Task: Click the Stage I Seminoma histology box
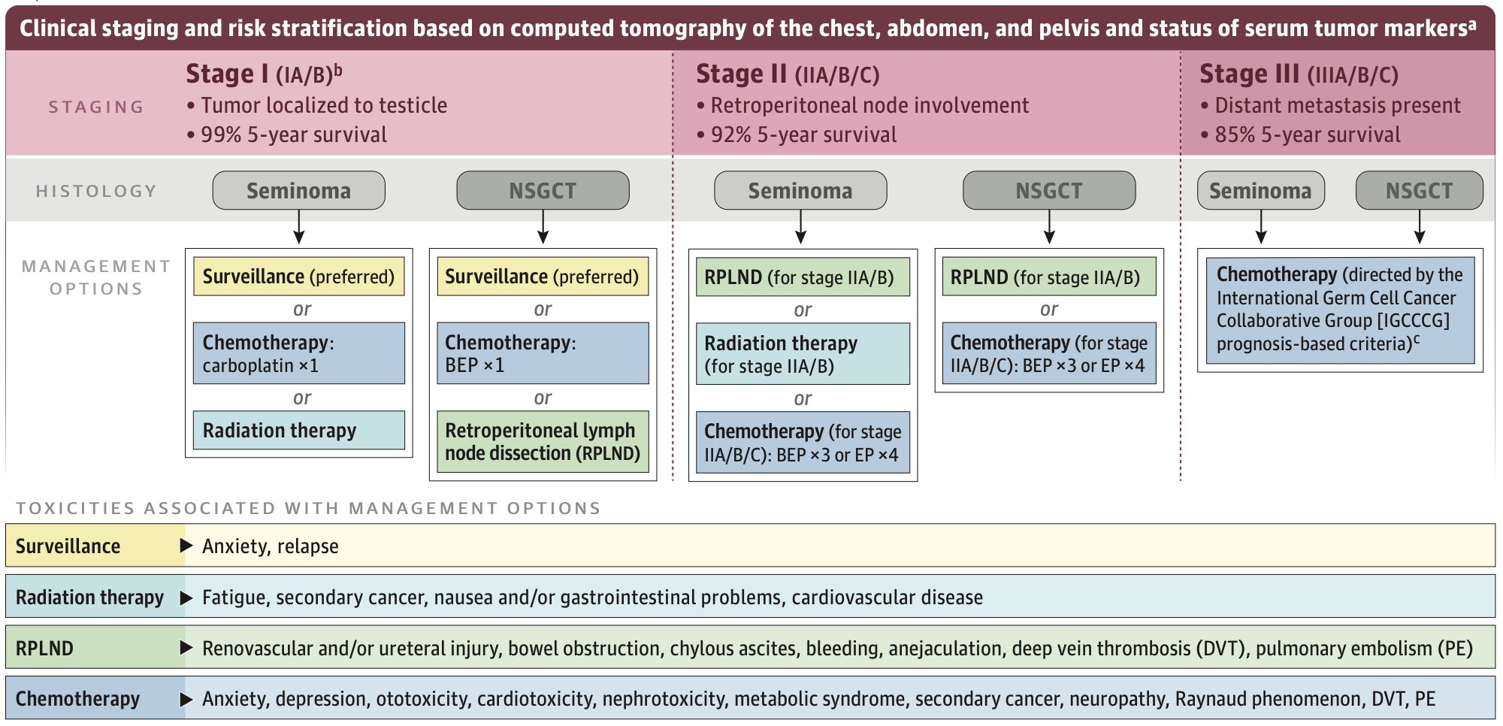pyautogui.click(x=299, y=190)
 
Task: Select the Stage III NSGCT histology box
pyautogui.click(x=1420, y=190)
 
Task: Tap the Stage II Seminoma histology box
pyautogui.click(x=800, y=190)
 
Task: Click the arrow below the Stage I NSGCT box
pyautogui.click(x=543, y=226)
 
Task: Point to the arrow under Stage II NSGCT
pyautogui.click(x=1049, y=226)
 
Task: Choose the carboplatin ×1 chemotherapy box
pyautogui.click(x=299, y=353)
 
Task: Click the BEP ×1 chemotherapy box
pyautogui.click(x=543, y=353)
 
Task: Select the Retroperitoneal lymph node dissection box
pyautogui.click(x=543, y=442)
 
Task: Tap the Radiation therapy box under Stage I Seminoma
pyautogui.click(x=299, y=430)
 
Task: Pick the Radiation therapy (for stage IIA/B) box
pyautogui.click(x=803, y=354)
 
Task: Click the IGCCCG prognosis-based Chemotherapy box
pyautogui.click(x=1340, y=310)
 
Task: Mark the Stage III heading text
pyautogui.click(x=1299, y=74)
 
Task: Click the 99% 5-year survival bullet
pyautogui.click(x=287, y=135)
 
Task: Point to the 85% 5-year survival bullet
pyautogui.click(x=1301, y=135)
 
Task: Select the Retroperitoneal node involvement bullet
pyautogui.click(x=863, y=105)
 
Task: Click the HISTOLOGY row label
pyautogui.click(x=96, y=191)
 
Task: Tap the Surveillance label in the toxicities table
pyautogui.click(x=68, y=546)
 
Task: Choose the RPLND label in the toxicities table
pyautogui.click(x=44, y=648)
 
